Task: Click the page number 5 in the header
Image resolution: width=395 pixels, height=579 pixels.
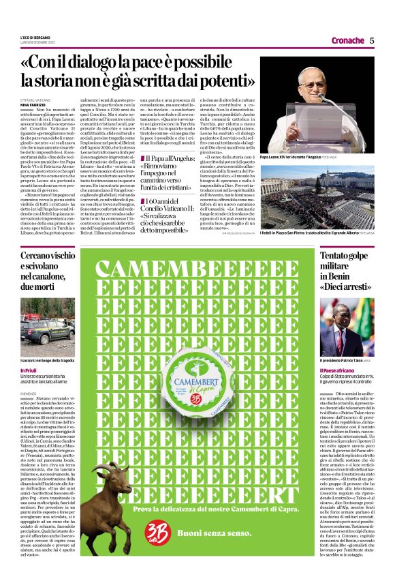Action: click(372, 40)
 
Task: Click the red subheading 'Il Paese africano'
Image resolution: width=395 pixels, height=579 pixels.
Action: click(340, 370)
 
